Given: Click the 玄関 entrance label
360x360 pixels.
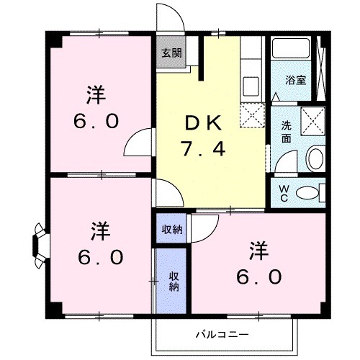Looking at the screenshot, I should click(171, 53).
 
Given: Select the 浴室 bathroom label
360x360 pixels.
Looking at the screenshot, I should click(294, 79).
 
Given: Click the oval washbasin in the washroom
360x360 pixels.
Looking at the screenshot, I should click(315, 158).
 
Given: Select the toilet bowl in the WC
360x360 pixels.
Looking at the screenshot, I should click(310, 192).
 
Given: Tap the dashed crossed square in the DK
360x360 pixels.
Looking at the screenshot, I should click(252, 113).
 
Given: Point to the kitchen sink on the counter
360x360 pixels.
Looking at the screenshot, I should click(251, 85).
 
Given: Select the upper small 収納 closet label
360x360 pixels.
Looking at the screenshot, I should click(171, 230).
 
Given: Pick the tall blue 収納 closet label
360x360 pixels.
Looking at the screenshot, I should click(173, 281).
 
